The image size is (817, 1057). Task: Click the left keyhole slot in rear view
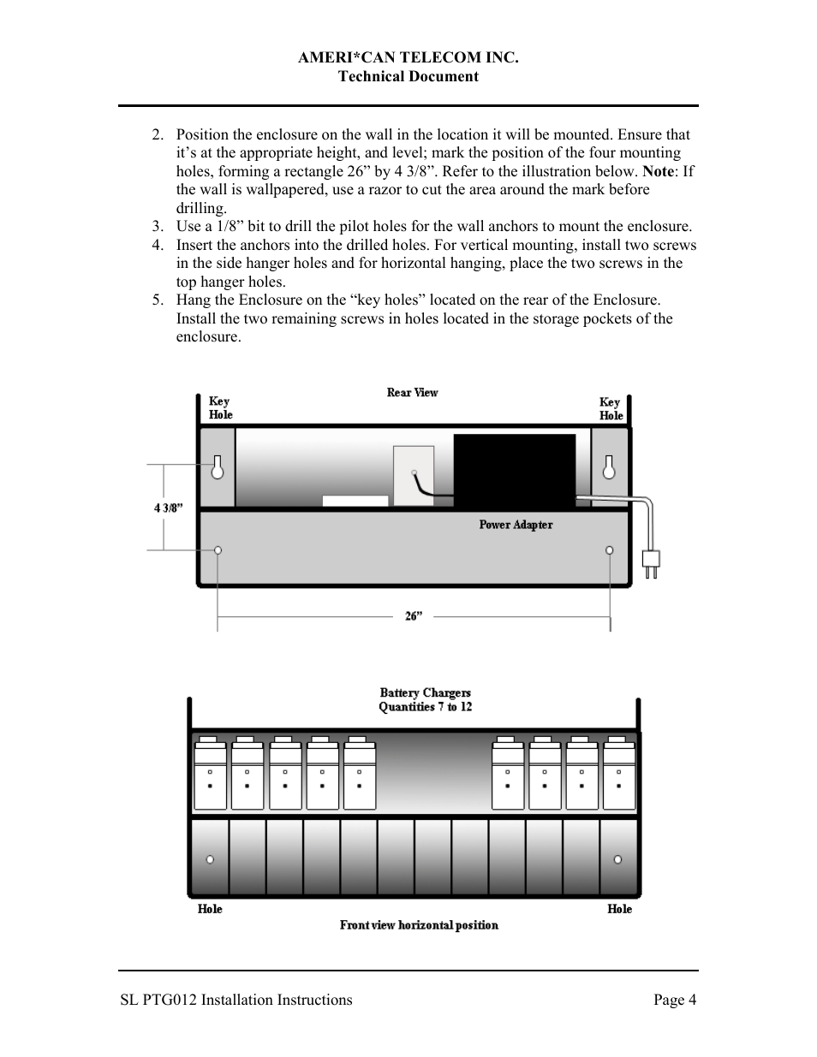218,467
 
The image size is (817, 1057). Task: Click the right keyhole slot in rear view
609,467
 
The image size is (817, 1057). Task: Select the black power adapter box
514,472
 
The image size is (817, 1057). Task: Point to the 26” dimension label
414,616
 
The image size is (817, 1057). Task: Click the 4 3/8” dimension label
169,508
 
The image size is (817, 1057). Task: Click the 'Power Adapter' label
516,525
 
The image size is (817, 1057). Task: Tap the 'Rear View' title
412,393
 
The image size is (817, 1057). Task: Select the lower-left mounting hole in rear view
218,549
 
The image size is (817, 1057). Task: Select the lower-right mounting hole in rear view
609,549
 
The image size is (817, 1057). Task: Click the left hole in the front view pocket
210,859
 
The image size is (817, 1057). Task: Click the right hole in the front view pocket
617,859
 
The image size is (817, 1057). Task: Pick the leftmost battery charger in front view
210,774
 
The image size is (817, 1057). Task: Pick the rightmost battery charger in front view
619,774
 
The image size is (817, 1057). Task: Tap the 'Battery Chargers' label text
425,692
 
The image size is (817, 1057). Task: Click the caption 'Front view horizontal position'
419,925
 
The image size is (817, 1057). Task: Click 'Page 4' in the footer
675,1000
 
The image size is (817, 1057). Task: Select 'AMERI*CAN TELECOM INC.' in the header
408,57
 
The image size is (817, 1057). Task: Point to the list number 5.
157,300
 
